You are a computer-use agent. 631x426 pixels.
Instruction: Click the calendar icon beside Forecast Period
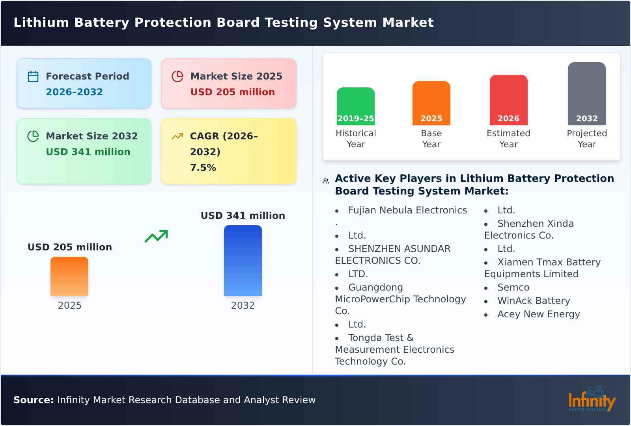tap(33, 76)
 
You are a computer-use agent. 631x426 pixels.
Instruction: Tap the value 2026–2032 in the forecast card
tap(74, 92)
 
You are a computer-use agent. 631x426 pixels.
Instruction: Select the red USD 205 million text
tap(232, 92)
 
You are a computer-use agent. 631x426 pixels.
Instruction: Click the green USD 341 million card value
tap(88, 152)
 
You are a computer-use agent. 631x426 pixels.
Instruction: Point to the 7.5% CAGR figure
tap(203, 168)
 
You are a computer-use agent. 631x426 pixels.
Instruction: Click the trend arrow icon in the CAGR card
tap(177, 136)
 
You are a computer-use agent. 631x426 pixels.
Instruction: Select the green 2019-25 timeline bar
tap(355, 106)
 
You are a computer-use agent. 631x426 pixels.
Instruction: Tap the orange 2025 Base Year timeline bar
tap(431, 103)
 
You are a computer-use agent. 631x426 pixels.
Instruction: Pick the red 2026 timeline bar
tap(508, 100)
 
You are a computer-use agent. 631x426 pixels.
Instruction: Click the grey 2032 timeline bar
tap(586, 94)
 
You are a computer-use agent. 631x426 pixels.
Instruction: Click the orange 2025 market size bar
tap(69, 276)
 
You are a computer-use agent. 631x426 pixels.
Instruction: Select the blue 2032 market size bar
tap(243, 261)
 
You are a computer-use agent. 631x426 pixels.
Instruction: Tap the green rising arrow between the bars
tap(156, 236)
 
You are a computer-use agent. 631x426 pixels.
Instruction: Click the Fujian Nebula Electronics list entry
tap(407, 210)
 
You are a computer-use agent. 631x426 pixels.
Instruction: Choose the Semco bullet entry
tap(513, 287)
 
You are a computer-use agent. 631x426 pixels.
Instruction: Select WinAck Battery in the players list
tap(533, 301)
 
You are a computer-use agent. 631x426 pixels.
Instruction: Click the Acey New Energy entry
tap(538, 314)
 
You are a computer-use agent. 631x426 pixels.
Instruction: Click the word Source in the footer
tap(33, 400)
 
